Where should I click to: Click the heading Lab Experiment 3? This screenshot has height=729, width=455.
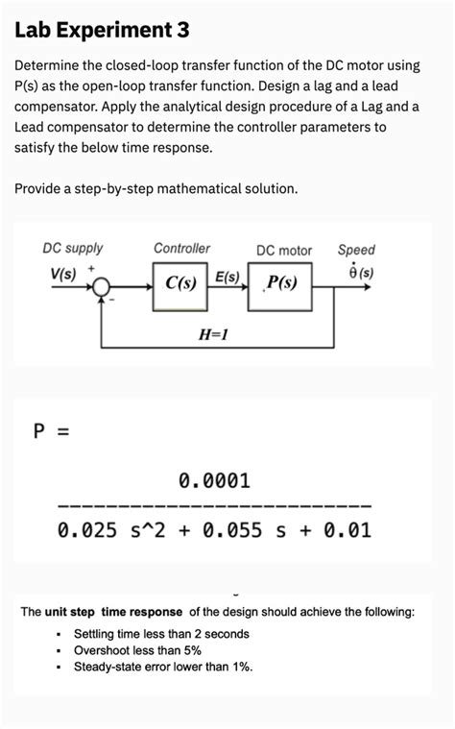(102, 31)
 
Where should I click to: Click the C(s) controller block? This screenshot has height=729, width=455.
(180, 283)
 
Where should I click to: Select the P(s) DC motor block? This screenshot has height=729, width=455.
(281, 283)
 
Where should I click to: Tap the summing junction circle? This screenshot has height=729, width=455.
(104, 285)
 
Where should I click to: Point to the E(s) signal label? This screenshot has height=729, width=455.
(227, 277)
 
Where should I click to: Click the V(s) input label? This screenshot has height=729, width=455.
(63, 272)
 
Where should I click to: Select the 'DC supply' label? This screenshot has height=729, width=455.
(73, 248)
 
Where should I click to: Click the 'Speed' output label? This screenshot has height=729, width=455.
(356, 249)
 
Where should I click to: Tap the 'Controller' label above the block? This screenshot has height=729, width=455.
(181, 248)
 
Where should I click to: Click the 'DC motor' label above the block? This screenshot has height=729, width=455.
(283, 250)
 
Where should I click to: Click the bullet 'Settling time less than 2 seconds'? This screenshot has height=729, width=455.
(161, 634)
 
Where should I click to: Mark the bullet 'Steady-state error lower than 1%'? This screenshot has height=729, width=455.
(163, 667)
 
